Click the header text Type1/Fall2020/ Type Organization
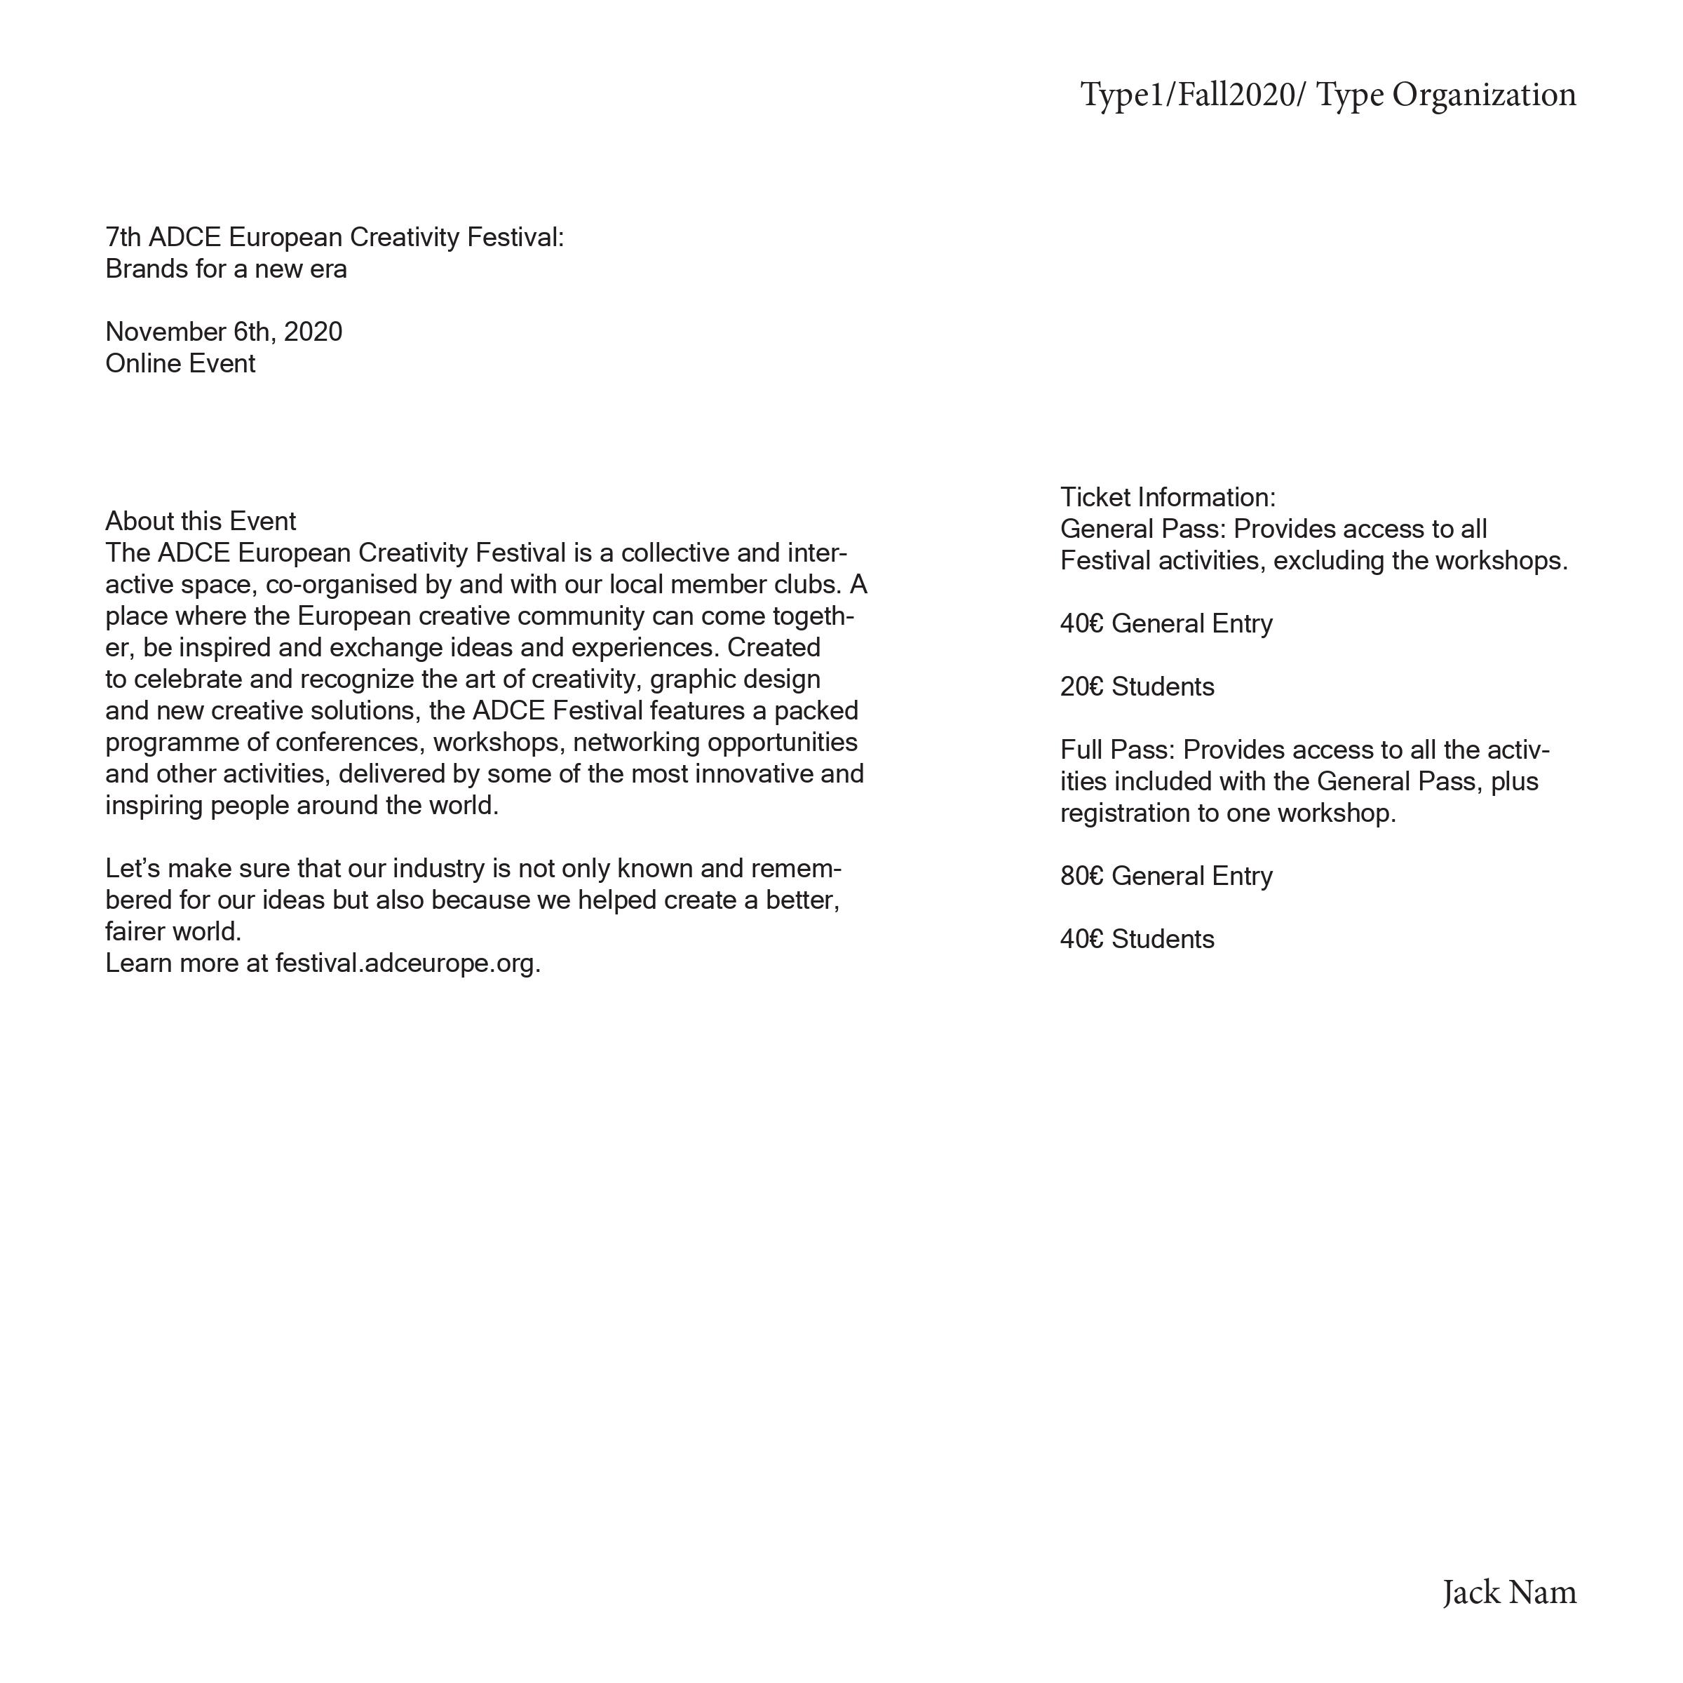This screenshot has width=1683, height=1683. click(x=1327, y=95)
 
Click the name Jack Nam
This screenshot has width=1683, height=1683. click(x=1509, y=1593)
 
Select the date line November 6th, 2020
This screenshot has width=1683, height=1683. click(x=224, y=332)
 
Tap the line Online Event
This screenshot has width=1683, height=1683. click(x=180, y=363)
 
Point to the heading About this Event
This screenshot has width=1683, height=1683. click(x=201, y=521)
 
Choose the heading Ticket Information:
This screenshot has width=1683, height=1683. click(x=1168, y=497)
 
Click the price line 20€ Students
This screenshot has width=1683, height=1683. click(x=1137, y=687)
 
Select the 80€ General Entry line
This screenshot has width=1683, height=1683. click(x=1165, y=875)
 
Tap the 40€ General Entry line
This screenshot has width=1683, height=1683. click(x=1165, y=623)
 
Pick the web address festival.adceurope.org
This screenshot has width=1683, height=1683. click(x=407, y=964)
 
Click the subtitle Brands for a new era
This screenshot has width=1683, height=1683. click(x=226, y=269)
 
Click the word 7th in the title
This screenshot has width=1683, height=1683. click(x=123, y=237)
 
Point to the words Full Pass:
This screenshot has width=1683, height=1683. click(x=1118, y=750)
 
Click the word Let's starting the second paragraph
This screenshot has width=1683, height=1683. click(x=133, y=869)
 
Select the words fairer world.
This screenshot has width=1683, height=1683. click(x=173, y=932)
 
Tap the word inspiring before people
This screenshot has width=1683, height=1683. click(x=154, y=806)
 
